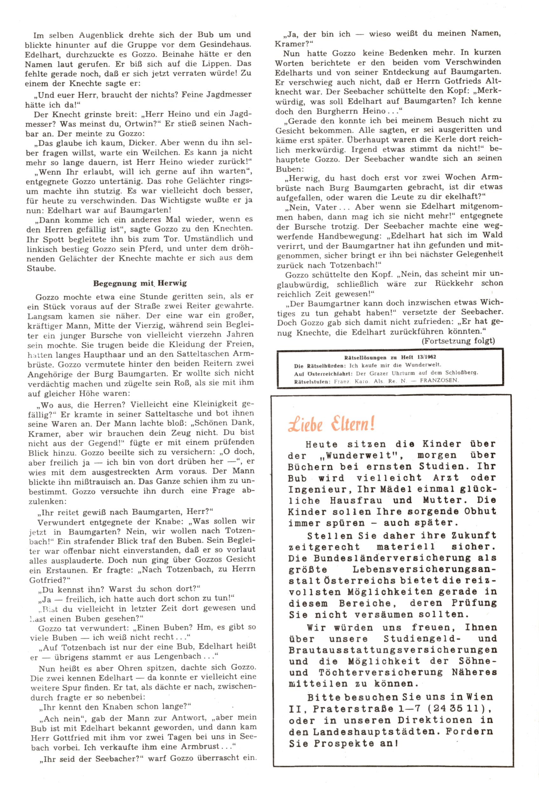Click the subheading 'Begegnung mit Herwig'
point(140,283)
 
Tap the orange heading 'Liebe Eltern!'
point(331,424)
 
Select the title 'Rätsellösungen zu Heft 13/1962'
point(390,357)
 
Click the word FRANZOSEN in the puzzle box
point(439,380)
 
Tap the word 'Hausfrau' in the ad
point(356,500)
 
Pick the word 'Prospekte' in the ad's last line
point(346,744)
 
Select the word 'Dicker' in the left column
point(139,143)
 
